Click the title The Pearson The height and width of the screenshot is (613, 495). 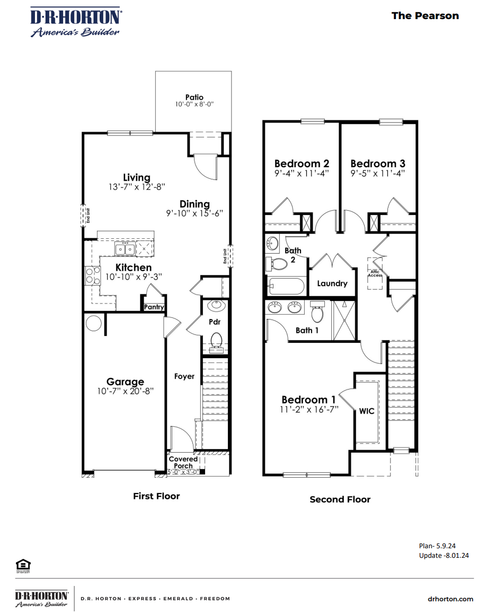425,15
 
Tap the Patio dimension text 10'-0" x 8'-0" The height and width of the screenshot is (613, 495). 194,105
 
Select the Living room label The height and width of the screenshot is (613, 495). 136,178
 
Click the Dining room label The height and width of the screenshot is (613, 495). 195,204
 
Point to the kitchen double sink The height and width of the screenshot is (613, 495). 126,248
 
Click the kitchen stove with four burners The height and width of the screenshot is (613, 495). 93,275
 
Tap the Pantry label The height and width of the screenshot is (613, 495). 154,307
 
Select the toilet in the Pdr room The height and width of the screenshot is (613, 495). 216,340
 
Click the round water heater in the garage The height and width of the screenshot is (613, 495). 94,323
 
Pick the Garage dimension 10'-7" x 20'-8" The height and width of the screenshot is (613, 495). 125,391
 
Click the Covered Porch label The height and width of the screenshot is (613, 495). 183,462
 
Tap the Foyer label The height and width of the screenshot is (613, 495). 184,376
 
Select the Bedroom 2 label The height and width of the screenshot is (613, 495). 302,163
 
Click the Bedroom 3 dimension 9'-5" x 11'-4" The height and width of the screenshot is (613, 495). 377,172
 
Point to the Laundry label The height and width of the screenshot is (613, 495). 332,283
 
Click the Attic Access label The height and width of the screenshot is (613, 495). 375,273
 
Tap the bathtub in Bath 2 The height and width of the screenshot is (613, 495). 286,287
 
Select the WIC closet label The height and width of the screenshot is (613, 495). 367,411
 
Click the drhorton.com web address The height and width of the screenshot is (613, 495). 450,599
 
